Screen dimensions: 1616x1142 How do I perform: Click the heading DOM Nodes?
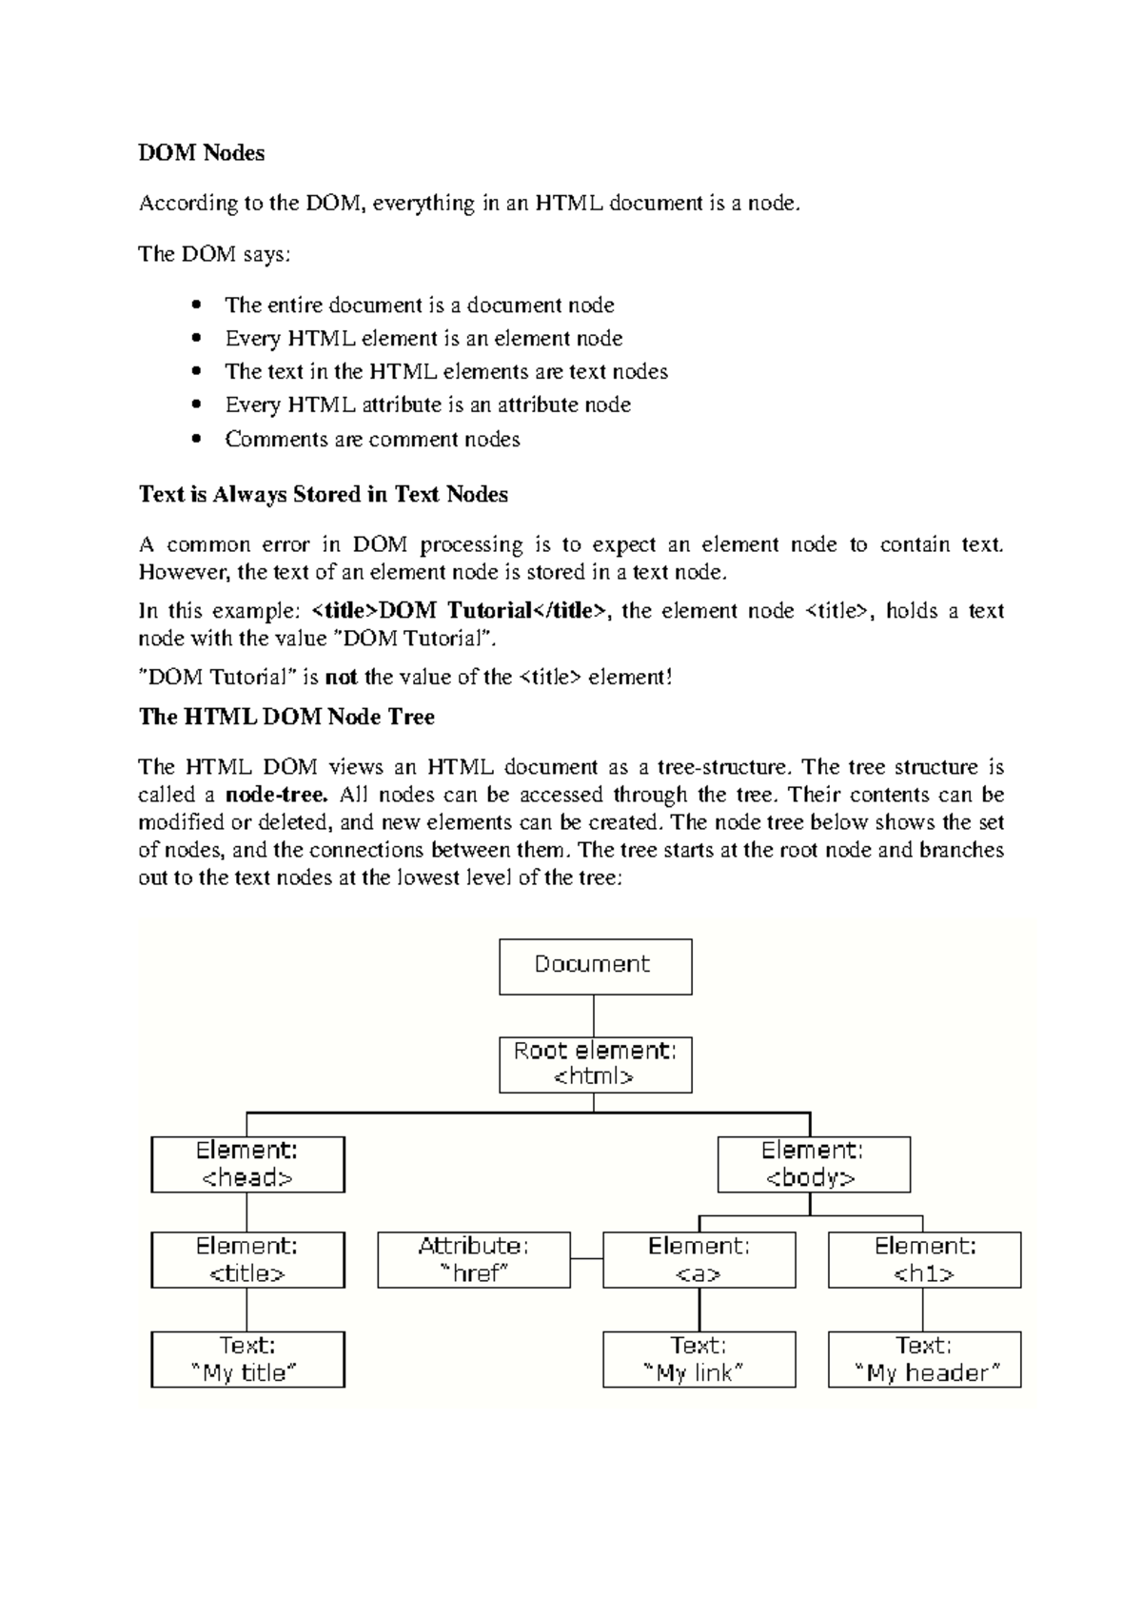pos(201,153)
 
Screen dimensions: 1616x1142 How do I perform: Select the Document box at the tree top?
pos(595,966)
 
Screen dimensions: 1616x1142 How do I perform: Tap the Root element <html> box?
pos(595,1065)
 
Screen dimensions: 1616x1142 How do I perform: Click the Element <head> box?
pos(247,1164)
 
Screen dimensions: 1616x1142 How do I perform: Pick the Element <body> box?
pos(813,1164)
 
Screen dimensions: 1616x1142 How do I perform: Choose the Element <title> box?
pos(247,1260)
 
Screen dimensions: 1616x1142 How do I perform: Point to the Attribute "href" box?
pos(474,1260)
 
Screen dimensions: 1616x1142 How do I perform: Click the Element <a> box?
pos(699,1260)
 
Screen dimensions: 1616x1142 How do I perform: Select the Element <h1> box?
pos(924,1260)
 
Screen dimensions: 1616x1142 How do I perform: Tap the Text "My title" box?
pos(247,1359)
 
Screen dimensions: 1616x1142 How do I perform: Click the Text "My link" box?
pos(699,1359)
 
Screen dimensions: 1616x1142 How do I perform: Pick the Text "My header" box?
pos(924,1359)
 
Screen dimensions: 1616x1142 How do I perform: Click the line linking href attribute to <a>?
pos(586,1259)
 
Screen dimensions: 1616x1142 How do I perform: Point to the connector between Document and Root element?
pos(594,1015)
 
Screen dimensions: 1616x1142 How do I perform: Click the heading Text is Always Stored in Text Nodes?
pos(323,495)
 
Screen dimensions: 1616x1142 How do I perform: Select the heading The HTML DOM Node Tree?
pos(285,717)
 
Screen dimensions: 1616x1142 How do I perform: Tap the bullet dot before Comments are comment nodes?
pos(197,440)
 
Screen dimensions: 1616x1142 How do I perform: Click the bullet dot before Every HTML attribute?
pos(197,405)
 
